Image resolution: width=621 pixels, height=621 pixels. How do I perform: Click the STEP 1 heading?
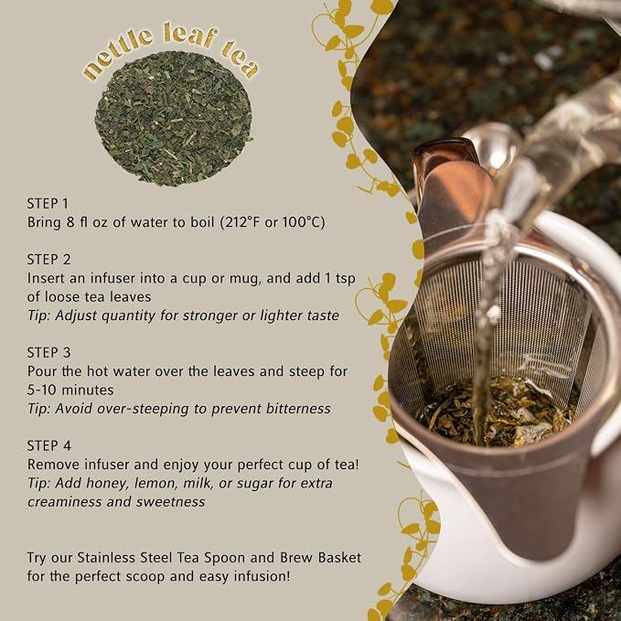coord(48,204)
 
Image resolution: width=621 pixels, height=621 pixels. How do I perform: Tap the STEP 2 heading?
coord(48,260)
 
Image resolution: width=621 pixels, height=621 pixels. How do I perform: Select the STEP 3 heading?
coord(48,352)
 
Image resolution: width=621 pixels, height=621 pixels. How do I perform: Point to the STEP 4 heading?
coord(49,445)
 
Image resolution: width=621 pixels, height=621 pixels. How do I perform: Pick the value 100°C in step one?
coord(303,222)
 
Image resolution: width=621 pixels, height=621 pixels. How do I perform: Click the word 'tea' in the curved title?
coord(240,59)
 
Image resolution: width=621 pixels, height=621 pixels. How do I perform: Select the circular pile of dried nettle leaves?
coord(173,119)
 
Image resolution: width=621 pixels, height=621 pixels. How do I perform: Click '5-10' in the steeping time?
coord(41,391)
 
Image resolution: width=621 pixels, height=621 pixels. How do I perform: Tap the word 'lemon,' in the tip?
coord(153,484)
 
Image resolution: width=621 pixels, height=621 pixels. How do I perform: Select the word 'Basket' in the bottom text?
coord(340,558)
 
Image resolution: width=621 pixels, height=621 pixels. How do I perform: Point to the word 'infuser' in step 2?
coord(112,278)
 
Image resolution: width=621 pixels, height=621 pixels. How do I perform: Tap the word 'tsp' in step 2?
coord(346,279)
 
